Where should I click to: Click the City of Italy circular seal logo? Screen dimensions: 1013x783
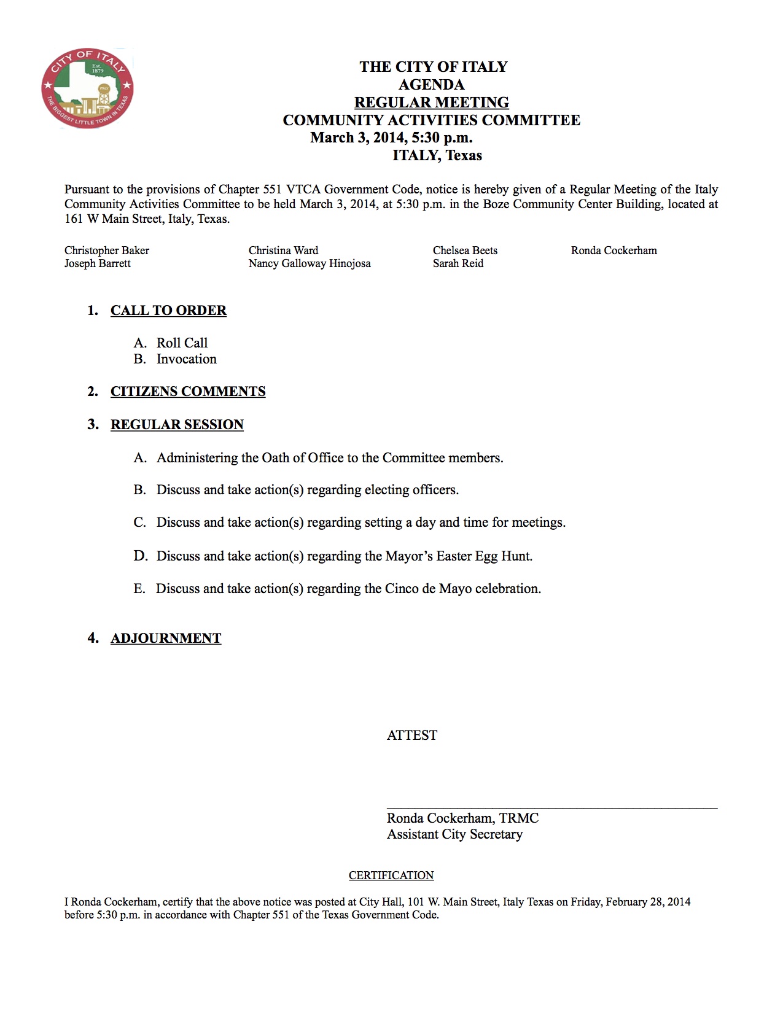[x=87, y=88]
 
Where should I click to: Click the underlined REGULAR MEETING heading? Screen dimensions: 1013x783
[x=431, y=103]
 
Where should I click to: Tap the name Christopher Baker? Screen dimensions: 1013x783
[x=107, y=250]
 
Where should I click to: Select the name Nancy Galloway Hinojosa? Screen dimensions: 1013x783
[x=310, y=263]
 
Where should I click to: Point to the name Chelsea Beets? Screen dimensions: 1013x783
[x=465, y=250]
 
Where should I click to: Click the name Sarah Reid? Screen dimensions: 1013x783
[x=458, y=263]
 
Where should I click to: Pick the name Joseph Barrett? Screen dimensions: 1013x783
[x=98, y=263]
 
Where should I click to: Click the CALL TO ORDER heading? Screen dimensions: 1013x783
[x=168, y=311]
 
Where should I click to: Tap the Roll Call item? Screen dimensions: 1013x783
[x=182, y=343]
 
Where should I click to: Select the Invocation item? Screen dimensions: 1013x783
[x=186, y=359]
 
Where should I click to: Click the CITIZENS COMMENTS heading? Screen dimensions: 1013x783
[x=188, y=392]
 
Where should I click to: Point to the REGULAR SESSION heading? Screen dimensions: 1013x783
[x=177, y=425]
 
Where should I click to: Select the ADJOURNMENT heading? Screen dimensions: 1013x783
[x=166, y=638]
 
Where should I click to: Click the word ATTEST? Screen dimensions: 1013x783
[x=412, y=735]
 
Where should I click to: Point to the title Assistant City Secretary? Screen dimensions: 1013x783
[x=454, y=834]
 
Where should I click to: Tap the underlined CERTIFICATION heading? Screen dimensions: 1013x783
[x=391, y=875]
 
